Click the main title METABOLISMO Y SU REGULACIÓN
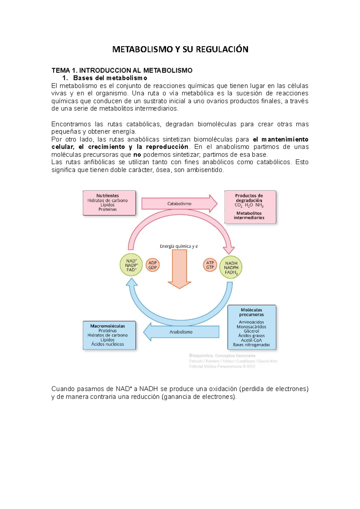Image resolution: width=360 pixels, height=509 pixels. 180,49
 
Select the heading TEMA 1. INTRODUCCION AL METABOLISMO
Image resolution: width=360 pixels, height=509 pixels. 122,70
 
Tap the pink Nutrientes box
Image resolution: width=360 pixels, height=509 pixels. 109,203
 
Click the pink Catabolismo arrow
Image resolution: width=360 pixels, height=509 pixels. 179,204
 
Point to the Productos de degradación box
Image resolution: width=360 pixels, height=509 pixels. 250,207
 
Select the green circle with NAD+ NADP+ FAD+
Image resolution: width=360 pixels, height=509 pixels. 131,265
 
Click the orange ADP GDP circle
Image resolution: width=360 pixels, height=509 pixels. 152,265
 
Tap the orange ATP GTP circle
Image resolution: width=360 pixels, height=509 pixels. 210,265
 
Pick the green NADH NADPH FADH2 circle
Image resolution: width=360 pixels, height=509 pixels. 231,267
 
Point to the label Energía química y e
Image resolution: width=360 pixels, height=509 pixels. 179,246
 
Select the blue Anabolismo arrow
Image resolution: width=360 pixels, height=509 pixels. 181,332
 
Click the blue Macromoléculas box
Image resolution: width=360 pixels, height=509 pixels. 109,335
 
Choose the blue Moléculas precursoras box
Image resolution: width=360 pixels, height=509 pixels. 251,327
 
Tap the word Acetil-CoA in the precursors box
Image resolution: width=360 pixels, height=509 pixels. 251,340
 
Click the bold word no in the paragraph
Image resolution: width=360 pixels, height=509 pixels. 137,155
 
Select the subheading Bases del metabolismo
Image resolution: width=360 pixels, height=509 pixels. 110,78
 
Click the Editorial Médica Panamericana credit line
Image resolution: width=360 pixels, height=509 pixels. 222,366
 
